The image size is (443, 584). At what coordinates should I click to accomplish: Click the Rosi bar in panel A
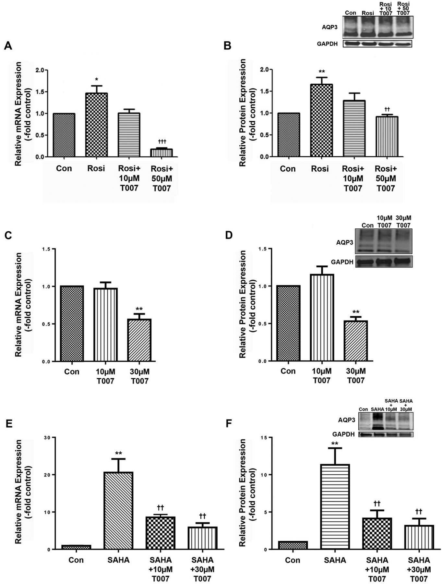[x=97, y=125]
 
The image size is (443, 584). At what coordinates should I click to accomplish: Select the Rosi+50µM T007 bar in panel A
[x=162, y=153]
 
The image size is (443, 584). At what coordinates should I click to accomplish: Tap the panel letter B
[x=228, y=46]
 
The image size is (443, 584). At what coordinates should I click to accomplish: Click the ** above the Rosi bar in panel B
[x=322, y=72]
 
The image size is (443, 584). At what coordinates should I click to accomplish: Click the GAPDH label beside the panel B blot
[x=327, y=44]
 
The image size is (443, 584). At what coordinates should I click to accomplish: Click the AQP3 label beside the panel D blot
[x=344, y=242]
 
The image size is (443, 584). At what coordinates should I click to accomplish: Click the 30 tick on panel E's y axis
[x=47, y=437]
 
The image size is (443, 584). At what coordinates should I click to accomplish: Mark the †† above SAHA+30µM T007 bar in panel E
[x=203, y=516]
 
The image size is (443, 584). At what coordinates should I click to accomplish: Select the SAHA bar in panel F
[x=335, y=506]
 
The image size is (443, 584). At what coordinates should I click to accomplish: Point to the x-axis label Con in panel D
[x=288, y=371]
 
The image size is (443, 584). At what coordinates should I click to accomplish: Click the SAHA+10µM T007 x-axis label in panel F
[x=377, y=569]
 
